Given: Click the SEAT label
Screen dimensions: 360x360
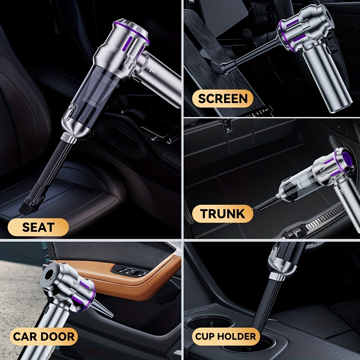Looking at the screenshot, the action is [x=38, y=227].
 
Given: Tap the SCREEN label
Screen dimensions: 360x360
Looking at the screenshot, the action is [x=223, y=99].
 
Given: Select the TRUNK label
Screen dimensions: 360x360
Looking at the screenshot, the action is [x=223, y=214].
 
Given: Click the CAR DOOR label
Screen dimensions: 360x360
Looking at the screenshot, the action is [x=44, y=337].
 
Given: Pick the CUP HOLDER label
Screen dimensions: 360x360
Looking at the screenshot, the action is [x=226, y=337].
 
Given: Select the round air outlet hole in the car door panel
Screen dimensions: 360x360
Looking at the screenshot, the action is [x=49, y=274].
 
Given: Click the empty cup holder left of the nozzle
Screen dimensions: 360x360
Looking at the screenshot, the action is [x=210, y=324].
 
